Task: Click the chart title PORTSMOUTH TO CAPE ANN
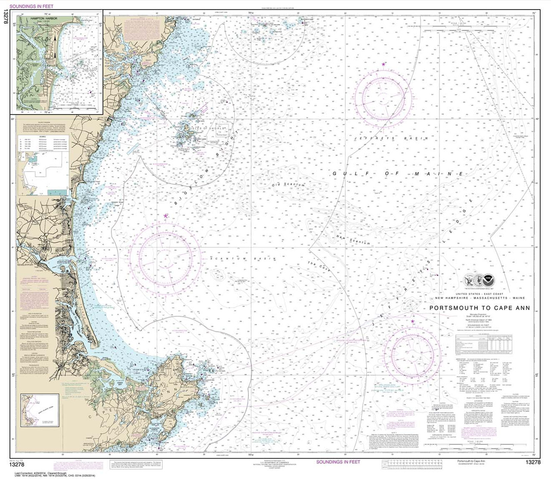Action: point(480,308)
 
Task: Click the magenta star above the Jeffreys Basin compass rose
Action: point(383,64)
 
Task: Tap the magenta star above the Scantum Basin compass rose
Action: point(166,215)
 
